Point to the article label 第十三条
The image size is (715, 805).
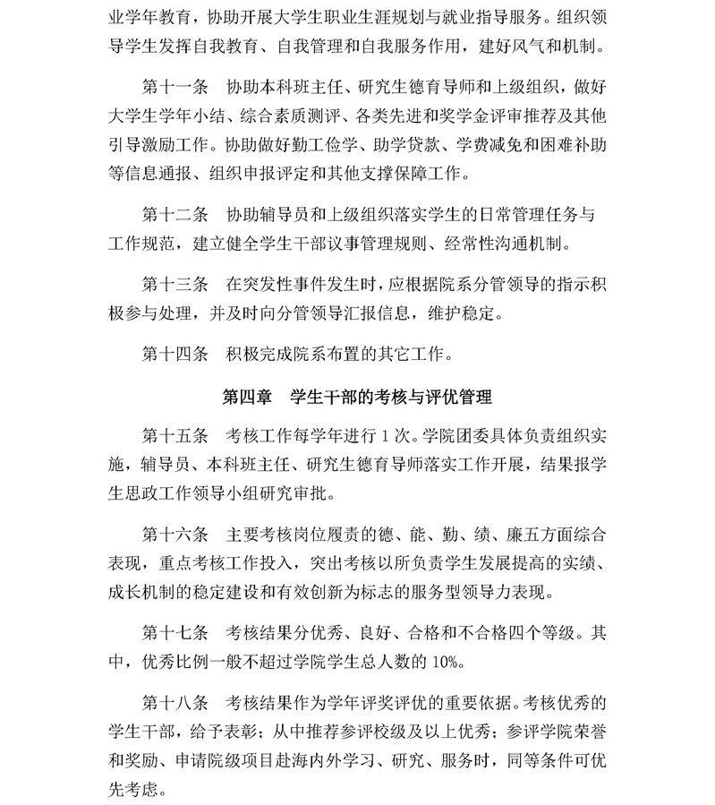[175, 284]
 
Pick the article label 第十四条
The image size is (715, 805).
[175, 353]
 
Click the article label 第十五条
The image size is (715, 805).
[175, 438]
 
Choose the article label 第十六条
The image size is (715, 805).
[175, 535]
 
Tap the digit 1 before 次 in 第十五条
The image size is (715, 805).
[384, 438]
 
